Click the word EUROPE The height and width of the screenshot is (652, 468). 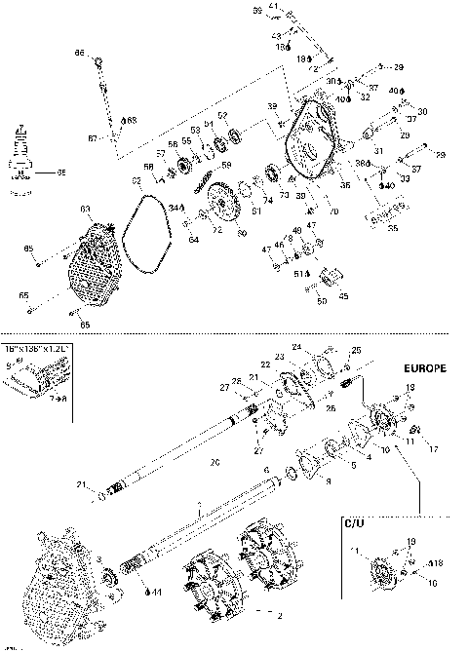[x=424, y=370]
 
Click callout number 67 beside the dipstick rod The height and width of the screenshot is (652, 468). [x=92, y=139]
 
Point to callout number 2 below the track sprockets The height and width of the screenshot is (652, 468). [x=281, y=616]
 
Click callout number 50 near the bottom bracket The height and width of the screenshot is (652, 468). [x=323, y=302]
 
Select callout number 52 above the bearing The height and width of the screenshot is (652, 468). [x=222, y=116]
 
